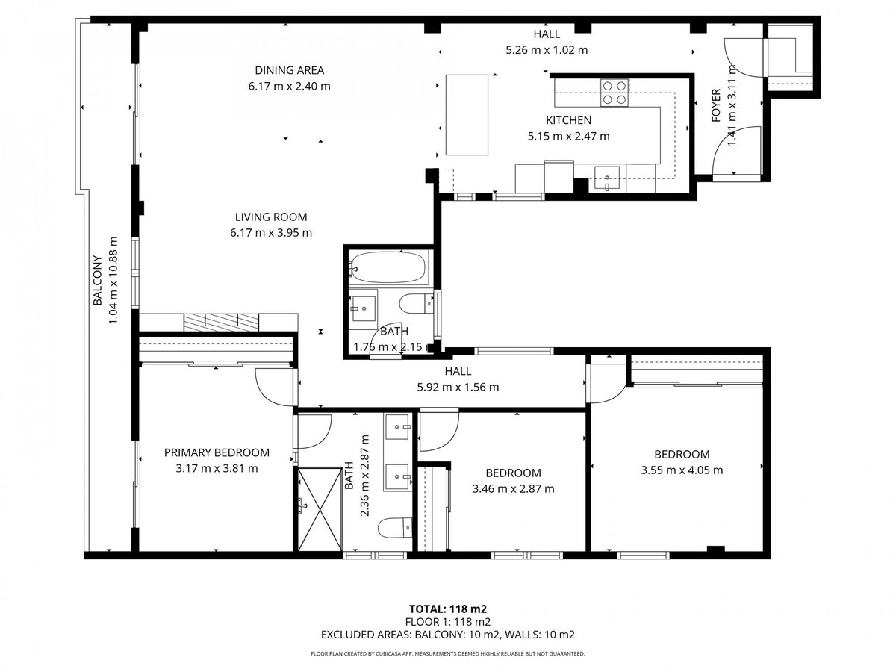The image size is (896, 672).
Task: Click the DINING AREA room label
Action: pos(289,70)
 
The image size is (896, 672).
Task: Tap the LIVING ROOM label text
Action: pos(270,217)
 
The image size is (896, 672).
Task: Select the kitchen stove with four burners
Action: pos(614,93)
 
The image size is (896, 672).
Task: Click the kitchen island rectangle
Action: pos(467,115)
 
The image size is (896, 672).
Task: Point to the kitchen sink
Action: pos(607,178)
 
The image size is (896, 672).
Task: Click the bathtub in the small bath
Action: pos(387,267)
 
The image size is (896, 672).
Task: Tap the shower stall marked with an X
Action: pos(320,509)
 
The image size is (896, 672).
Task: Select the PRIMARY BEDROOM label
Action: pos(217,452)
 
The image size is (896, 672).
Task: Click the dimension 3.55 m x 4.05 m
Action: pos(681,470)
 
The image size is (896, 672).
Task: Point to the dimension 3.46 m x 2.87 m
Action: pos(513,488)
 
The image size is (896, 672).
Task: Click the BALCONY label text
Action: pos(98,280)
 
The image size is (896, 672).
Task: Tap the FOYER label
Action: pos(716,106)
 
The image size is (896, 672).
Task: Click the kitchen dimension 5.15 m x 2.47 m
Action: pos(568,136)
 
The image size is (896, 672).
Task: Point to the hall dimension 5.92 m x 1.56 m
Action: pos(458,387)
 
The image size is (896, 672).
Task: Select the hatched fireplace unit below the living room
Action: pos(221,323)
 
